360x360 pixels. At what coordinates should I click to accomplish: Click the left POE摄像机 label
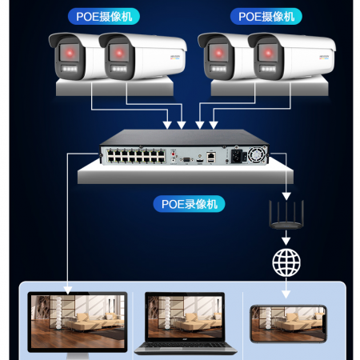pos(104,17)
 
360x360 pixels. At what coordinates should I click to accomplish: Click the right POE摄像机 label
pos(266,17)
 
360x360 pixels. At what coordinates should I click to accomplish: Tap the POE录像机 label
pos(189,204)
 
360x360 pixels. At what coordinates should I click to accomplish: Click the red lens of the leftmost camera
pos(70,53)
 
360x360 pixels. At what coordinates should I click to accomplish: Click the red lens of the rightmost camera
pos(268,53)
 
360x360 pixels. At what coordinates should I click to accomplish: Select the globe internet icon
pos(286,262)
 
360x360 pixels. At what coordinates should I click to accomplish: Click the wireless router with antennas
pos(286,215)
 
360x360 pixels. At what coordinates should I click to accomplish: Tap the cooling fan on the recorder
pos(256,155)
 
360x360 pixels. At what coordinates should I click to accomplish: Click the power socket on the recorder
pos(237,156)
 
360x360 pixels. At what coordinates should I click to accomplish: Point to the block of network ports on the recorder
pos(136,156)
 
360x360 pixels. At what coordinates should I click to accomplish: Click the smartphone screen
pos(288,323)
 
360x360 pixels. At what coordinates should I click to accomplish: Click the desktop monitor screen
pos(78,322)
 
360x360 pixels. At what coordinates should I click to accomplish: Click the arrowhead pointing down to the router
pos(286,196)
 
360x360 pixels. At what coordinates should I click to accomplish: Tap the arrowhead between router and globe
pos(286,242)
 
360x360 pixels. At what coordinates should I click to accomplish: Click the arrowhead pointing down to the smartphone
pos(286,294)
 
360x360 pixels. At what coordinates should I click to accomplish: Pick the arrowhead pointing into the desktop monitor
pos(68,290)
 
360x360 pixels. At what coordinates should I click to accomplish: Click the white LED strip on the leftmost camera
pos(70,69)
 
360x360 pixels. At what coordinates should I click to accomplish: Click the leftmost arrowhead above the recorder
pos(167,125)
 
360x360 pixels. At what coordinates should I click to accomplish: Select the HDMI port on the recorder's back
pos(199,161)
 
